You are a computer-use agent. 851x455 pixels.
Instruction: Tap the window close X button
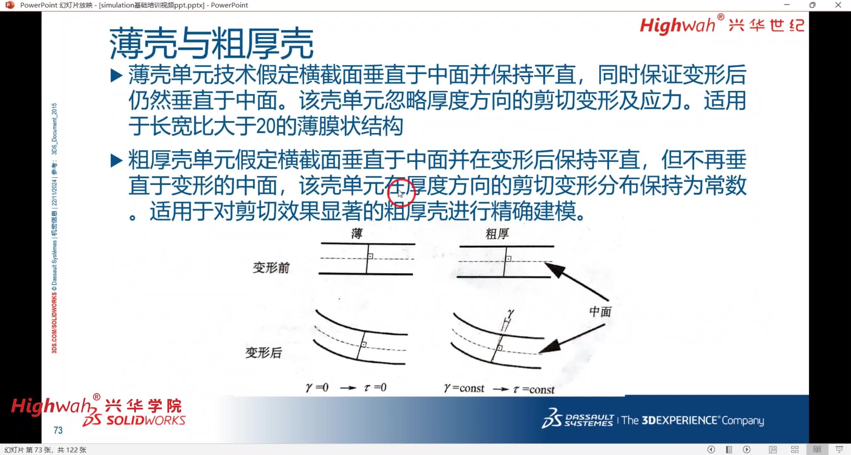point(838,5)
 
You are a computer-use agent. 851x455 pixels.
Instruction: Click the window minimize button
point(787,5)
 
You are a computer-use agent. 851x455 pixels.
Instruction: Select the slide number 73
point(58,430)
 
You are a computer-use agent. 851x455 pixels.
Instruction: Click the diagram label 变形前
point(271,268)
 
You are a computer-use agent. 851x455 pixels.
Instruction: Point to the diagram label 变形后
point(263,353)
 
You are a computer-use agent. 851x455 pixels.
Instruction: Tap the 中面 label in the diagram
point(600,312)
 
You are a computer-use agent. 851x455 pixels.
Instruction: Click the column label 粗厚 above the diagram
point(497,234)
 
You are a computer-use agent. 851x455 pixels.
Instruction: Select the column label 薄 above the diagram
point(357,234)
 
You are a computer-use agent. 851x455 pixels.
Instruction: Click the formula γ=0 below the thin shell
point(317,387)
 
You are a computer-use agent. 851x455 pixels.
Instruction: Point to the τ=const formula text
point(534,389)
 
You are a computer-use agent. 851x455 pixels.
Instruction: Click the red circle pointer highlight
point(401,193)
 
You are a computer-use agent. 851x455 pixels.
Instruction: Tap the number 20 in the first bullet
point(266,126)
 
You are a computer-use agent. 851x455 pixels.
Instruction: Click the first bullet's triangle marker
point(116,75)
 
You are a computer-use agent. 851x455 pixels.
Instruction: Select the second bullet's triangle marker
point(116,161)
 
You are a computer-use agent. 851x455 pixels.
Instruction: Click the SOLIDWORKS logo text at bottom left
point(145,421)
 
